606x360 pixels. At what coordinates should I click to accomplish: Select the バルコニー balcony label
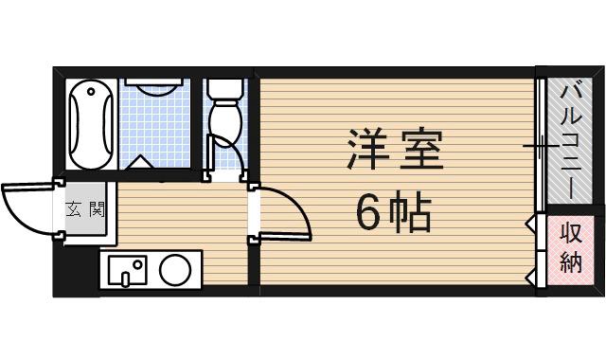[x=571, y=140]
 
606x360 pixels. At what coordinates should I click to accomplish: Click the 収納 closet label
[x=570, y=249]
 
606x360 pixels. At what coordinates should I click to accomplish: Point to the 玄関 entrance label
[x=84, y=207]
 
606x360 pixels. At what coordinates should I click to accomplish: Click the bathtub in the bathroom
[x=91, y=123]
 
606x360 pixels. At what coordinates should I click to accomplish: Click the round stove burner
[x=174, y=270]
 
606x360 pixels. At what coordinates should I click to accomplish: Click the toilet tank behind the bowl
[x=224, y=89]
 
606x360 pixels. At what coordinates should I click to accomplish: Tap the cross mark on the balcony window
[x=540, y=146]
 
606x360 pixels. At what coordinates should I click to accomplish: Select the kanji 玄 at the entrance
[x=74, y=207]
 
